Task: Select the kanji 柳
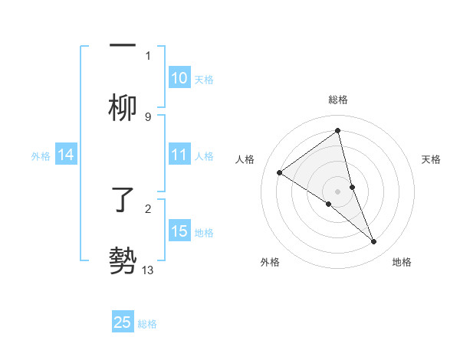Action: pyautogui.click(x=123, y=107)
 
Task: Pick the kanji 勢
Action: pyautogui.click(x=123, y=261)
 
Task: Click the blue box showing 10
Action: pyautogui.click(x=179, y=78)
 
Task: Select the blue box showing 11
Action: pyautogui.click(x=179, y=155)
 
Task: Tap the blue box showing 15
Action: pyautogui.click(x=179, y=231)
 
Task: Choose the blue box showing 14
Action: pyautogui.click(x=65, y=155)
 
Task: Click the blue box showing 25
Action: pyautogui.click(x=123, y=322)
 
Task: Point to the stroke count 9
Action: pyautogui.click(x=148, y=116)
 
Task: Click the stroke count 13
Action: pyautogui.click(x=148, y=270)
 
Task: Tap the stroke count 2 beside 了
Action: pyautogui.click(x=148, y=208)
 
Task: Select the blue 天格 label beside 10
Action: pyautogui.click(x=204, y=80)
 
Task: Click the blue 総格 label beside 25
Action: pyautogui.click(x=147, y=324)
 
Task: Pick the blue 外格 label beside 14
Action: pyautogui.click(x=41, y=156)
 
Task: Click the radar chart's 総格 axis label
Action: pyautogui.click(x=338, y=100)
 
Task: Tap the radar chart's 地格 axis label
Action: pyautogui.click(x=402, y=263)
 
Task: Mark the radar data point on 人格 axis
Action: pyautogui.click(x=279, y=172)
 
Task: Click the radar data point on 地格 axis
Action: pyautogui.click(x=374, y=241)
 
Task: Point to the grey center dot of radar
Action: pyautogui.click(x=338, y=191)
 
